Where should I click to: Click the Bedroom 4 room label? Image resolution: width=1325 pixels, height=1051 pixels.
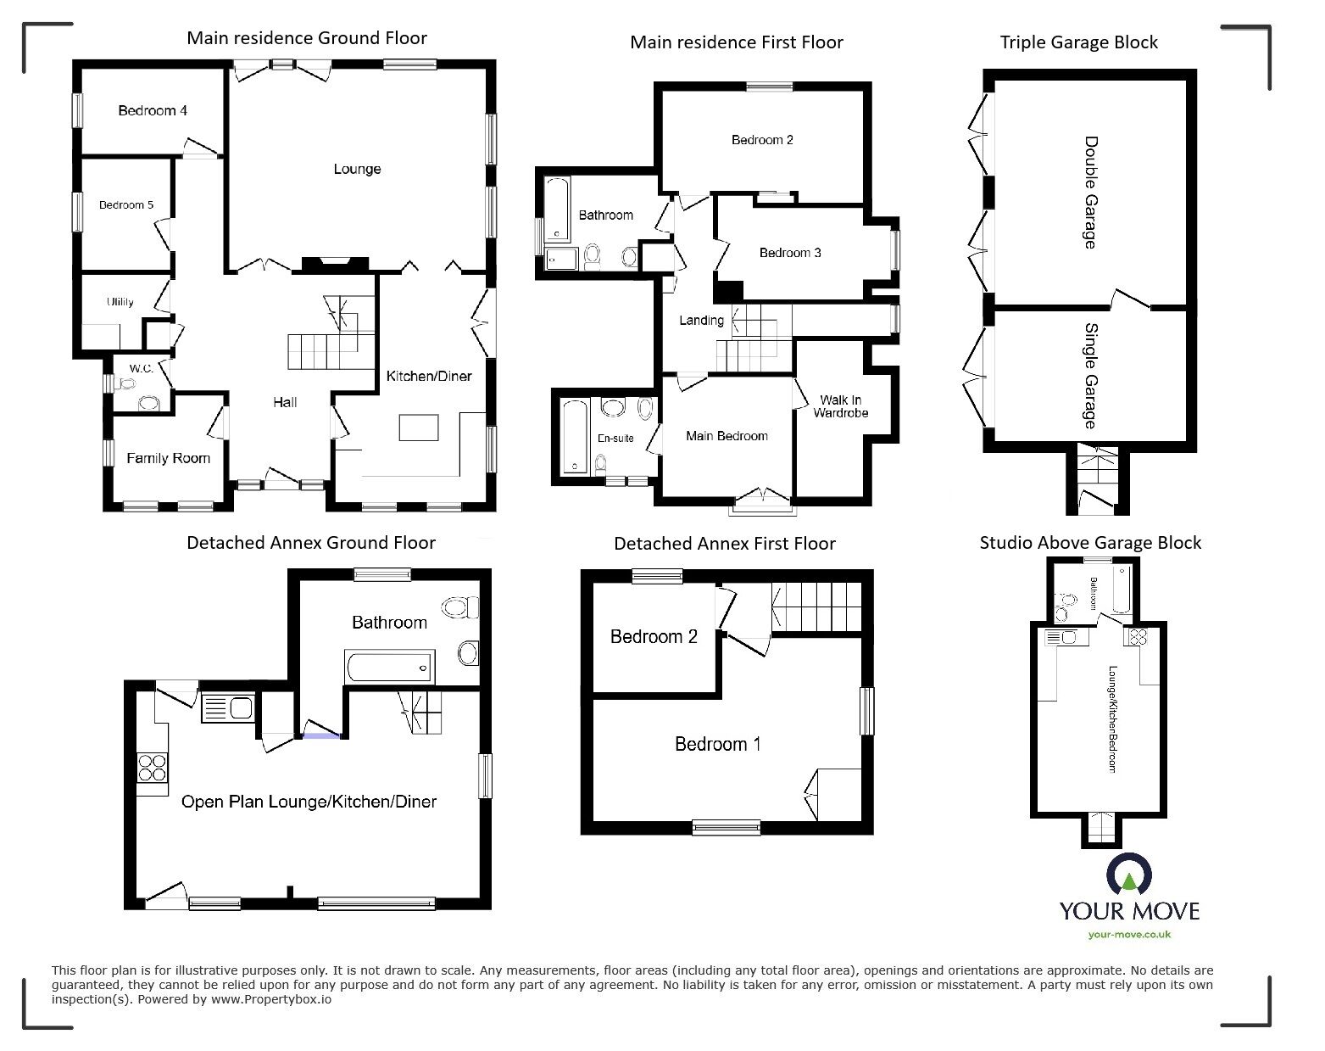coord(153,111)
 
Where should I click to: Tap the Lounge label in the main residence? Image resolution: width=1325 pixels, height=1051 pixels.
coord(357,170)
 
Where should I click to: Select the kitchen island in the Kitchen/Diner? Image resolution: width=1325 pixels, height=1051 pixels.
coord(419,428)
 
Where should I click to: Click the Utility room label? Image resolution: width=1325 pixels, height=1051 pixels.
coord(120,302)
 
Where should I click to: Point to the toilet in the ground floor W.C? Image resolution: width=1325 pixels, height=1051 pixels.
coord(149,404)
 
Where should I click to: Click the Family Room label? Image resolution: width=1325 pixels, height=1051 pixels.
coord(168,459)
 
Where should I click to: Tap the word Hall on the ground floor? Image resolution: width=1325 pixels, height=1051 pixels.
coord(285,402)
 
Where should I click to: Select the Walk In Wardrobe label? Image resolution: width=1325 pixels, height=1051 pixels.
coord(840,406)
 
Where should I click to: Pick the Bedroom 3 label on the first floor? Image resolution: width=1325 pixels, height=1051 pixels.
coord(789,253)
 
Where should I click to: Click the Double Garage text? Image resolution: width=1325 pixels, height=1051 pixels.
coord(1090,193)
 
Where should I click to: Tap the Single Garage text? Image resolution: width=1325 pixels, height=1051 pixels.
coord(1090,376)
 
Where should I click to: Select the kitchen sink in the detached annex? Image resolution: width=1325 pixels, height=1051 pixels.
coord(227,708)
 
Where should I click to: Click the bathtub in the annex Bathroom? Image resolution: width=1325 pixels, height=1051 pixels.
coord(390,667)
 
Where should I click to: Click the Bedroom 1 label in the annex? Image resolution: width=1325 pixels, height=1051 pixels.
coord(717,745)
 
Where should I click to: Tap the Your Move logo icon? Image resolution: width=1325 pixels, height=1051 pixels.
coord(1128,877)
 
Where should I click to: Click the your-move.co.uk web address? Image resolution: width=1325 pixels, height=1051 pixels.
coord(1129,934)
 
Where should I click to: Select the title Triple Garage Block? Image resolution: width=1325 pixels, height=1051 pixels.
coord(1078,42)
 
